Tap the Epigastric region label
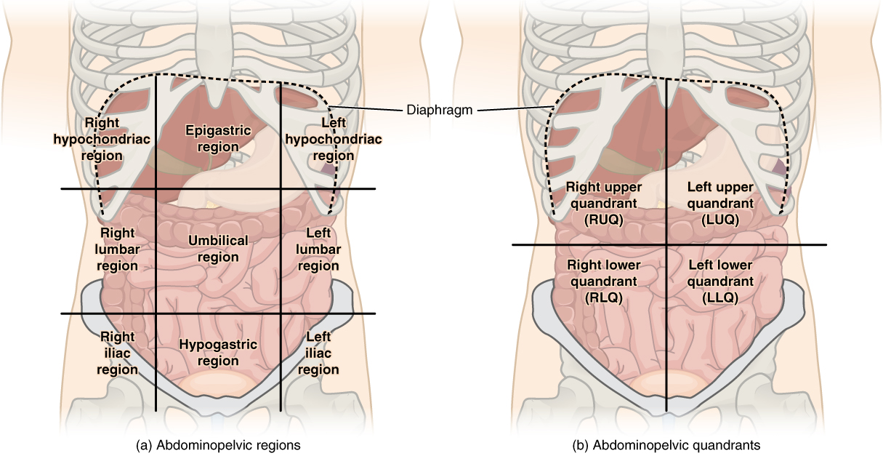pos(218,138)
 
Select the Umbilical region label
pos(218,248)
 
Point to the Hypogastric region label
pos(218,353)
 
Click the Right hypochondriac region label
pos(102,138)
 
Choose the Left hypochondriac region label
pos(319,140)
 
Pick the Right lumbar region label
pos(118,249)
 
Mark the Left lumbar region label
pos(318,249)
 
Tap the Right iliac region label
pos(118,353)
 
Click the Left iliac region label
pos(318,353)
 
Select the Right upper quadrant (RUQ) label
pos(604,203)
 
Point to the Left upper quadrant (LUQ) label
pos(721,203)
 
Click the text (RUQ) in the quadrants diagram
pos(604,219)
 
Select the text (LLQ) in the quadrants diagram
pos(719,297)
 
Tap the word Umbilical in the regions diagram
pos(218,240)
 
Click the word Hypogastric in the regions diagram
pos(218,345)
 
